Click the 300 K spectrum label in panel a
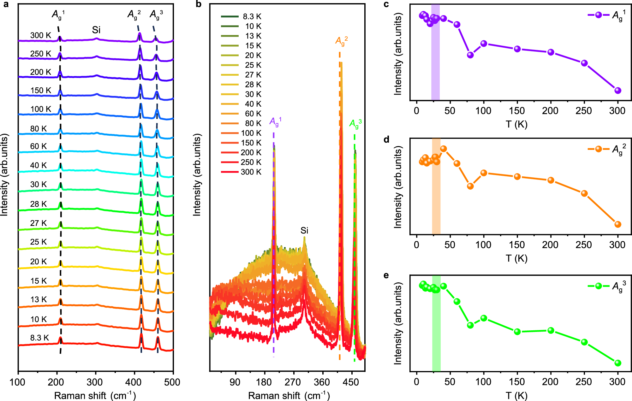[40, 35]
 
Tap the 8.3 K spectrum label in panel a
[39, 338]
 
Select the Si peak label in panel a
[96, 30]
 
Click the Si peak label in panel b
[304, 230]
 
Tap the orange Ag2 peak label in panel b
[341, 41]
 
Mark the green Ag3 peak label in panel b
[355, 123]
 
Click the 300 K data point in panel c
[618, 91]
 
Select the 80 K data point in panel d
[470, 186]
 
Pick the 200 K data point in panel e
[551, 330]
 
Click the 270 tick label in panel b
[293, 382]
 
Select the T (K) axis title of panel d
[516, 258]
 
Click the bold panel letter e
[386, 275]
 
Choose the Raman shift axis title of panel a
[95, 396]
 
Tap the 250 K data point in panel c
[584, 63]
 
